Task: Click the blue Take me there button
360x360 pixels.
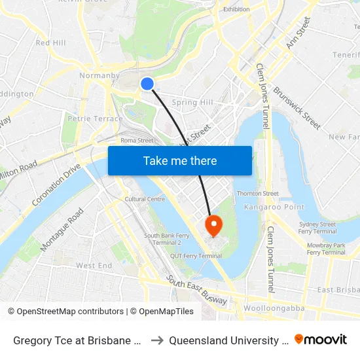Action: coord(180,161)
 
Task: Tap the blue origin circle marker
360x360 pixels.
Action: coord(147,84)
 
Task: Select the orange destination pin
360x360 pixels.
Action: coord(213,225)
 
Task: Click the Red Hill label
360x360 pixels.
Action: coord(51,43)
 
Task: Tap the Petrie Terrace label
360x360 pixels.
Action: coord(95,118)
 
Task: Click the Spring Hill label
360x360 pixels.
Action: coord(192,103)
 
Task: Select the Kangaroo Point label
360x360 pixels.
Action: coord(266,207)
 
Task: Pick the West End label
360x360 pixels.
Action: coord(94,265)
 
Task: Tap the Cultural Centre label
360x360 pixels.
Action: coord(145,199)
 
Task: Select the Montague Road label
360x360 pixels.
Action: coord(62,229)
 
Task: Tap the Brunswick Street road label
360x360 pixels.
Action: coord(297,108)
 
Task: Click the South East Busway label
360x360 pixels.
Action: coord(196,290)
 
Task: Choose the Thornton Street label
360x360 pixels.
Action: coord(257,194)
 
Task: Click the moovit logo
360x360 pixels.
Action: coord(321,339)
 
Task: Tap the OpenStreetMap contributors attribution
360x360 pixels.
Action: coord(65,312)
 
